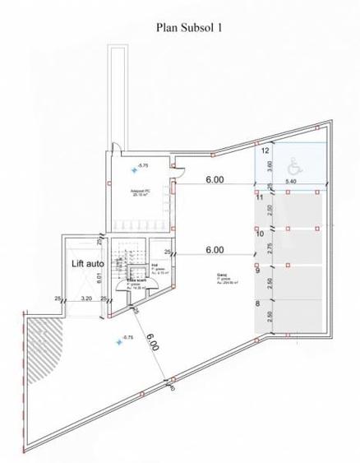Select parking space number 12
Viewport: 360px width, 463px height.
point(265,151)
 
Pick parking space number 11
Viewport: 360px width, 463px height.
point(259,197)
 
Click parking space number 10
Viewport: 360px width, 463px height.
point(259,234)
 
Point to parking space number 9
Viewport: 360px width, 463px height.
point(259,270)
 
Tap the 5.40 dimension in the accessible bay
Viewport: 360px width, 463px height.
point(291,181)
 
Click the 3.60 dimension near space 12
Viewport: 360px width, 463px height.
point(270,167)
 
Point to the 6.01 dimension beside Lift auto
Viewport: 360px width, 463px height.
point(98,276)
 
